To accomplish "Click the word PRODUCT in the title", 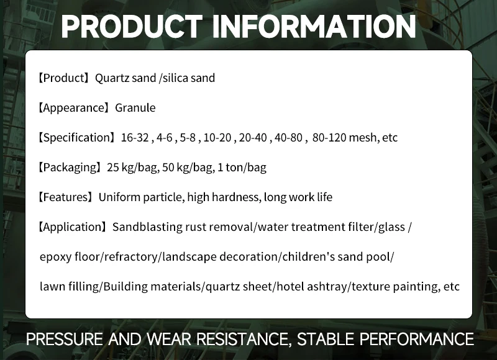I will click(x=132, y=26).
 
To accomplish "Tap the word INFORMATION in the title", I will click(x=314, y=26).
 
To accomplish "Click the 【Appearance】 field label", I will click(x=74, y=108).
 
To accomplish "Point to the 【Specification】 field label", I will click(x=77, y=138).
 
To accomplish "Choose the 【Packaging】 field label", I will click(x=70, y=168).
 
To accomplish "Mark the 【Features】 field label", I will click(x=66, y=197).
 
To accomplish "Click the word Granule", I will click(x=135, y=108).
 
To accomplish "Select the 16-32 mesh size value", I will click(x=135, y=138).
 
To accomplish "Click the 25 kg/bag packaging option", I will click(x=130, y=168).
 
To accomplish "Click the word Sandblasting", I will click(x=147, y=227).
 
